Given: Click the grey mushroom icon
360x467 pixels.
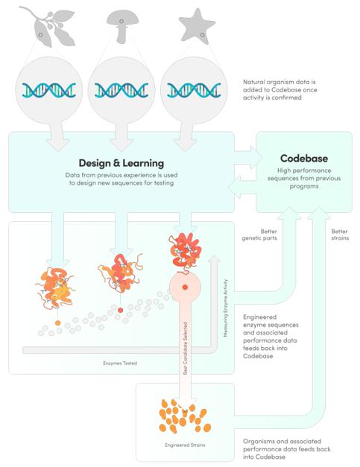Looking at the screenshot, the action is [122, 25].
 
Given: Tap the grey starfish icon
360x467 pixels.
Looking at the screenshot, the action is [196, 27].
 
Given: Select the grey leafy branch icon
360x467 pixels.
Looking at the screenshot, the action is [49, 26].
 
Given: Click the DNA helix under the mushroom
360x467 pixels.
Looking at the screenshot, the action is [121, 90].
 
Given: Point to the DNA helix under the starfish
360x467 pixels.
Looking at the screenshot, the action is [194, 90].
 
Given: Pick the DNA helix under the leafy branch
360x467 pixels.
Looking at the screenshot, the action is [49, 90].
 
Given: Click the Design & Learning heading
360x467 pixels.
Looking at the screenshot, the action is [121, 163].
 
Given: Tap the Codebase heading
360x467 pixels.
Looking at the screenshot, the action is [304, 159].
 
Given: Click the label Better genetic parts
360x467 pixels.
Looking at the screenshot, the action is [259, 235].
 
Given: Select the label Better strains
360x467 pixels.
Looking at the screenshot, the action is [340, 235].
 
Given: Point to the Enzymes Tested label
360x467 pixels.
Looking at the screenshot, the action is [120, 363].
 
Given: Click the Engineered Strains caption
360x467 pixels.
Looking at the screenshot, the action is [185, 445].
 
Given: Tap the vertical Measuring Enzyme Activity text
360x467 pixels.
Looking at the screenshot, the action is [226, 308].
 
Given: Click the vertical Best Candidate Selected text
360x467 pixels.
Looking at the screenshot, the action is [185, 348].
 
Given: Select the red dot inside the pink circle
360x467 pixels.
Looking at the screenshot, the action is [185, 287].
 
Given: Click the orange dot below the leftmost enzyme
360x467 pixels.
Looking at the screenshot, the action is [58, 323].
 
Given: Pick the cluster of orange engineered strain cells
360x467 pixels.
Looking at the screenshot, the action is [185, 416].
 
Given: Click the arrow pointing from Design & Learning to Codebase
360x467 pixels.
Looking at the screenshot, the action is [248, 158].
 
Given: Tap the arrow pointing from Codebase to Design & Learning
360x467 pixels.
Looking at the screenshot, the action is [242, 187].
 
